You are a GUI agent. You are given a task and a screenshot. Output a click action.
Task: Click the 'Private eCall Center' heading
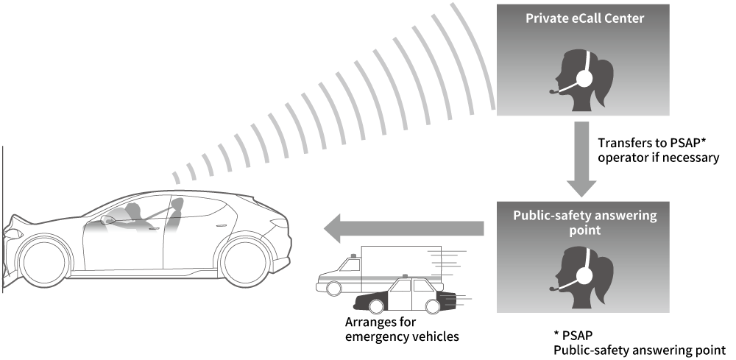584,18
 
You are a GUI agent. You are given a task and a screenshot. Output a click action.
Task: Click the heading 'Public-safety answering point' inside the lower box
584,223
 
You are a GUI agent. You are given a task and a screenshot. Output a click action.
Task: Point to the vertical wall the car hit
2,221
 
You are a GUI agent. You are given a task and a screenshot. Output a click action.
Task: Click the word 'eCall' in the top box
581,18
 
